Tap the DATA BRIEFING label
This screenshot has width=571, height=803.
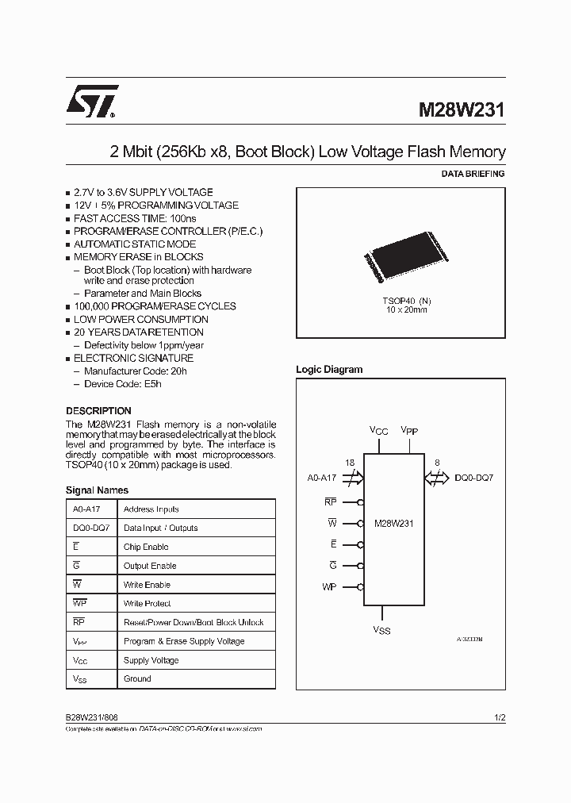[x=472, y=174]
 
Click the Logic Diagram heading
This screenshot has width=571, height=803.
[x=329, y=370]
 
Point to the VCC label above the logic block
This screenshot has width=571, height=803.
[x=379, y=430]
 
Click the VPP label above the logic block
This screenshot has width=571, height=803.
[x=410, y=430]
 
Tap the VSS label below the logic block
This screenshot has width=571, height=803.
[x=381, y=631]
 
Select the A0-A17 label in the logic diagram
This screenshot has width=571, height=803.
[x=323, y=478]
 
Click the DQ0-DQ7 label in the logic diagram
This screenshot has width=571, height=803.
[x=474, y=478]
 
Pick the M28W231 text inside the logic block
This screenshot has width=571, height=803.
[x=393, y=524]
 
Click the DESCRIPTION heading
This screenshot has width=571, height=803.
[x=98, y=411]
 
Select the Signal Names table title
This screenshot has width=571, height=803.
[x=97, y=490]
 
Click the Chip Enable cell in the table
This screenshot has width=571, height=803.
[x=146, y=547]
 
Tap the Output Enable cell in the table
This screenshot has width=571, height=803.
[x=150, y=566]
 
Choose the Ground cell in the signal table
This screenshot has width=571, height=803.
[x=137, y=679]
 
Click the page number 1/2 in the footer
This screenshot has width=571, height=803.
[x=500, y=717]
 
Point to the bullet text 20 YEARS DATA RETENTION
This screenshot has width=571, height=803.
[x=139, y=332]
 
